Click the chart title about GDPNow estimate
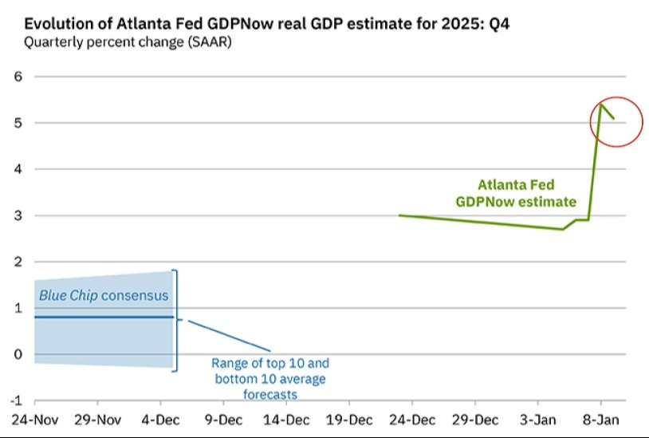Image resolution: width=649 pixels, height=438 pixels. click(266, 24)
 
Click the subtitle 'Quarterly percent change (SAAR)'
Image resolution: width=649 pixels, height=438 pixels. click(128, 42)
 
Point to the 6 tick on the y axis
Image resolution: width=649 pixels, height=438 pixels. click(18, 77)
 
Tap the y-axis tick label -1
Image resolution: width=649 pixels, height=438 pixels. click(16, 401)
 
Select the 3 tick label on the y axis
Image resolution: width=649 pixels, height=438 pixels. click(18, 215)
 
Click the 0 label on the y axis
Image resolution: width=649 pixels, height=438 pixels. click(18, 354)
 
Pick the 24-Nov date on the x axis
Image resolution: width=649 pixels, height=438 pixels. click(35, 420)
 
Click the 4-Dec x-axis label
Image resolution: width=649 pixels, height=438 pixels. click(160, 420)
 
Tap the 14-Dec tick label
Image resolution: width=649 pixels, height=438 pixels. click(286, 420)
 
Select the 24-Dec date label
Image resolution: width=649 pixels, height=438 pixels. click(412, 420)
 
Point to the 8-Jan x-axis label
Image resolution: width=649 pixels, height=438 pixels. click(601, 420)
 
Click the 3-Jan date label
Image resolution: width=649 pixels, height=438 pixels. click(538, 420)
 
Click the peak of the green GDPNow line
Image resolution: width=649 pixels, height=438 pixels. click(601, 105)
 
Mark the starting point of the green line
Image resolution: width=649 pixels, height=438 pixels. click(399, 215)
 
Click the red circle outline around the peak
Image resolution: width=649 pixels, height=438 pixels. click(591, 122)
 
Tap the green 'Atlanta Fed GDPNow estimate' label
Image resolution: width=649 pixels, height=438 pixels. click(516, 193)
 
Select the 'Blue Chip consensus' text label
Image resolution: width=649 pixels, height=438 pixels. click(104, 295)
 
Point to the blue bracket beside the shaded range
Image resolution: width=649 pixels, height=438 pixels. click(176, 321)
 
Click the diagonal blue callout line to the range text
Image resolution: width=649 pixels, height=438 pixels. click(230, 336)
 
